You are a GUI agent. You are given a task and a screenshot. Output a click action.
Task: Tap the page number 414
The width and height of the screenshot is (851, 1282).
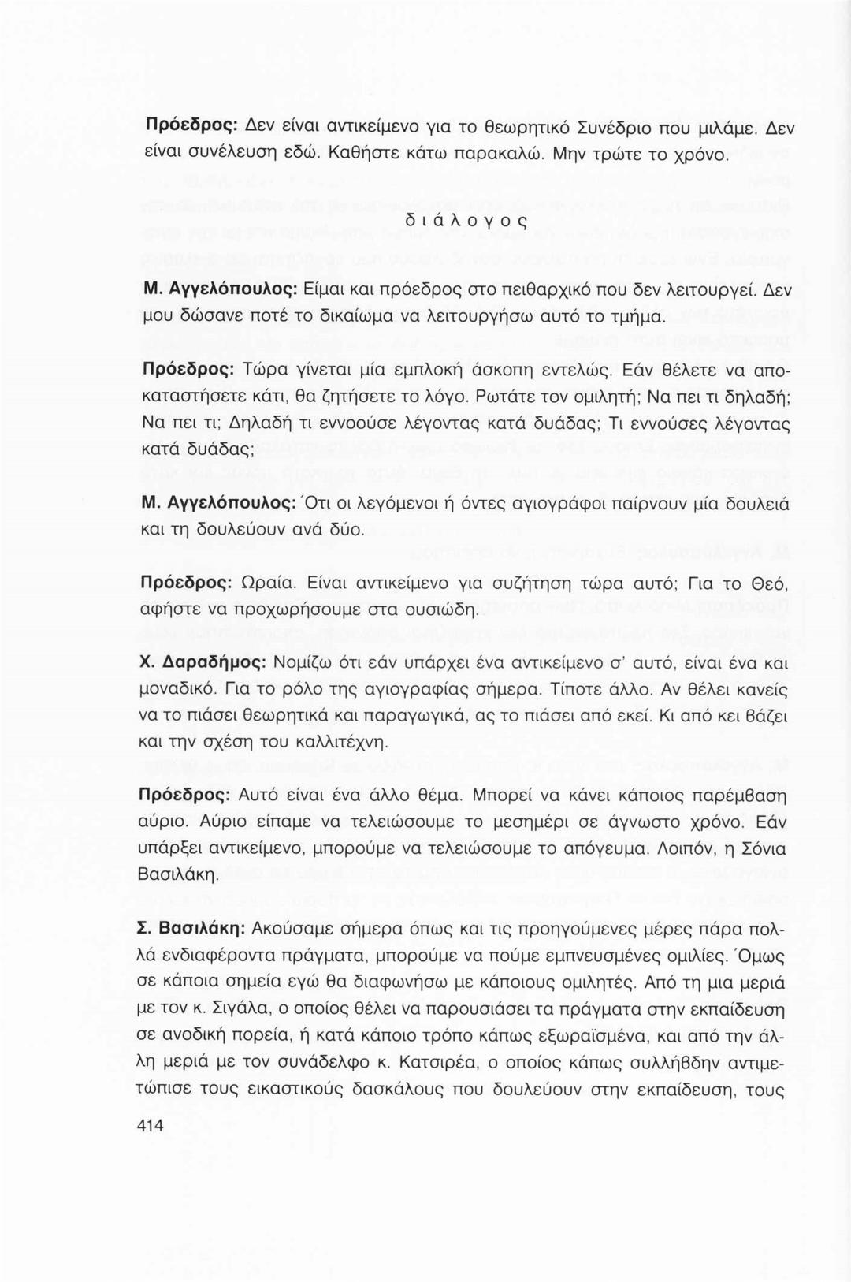pos(151,1125)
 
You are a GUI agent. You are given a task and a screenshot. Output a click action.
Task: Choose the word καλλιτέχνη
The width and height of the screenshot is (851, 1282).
pos(347,743)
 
